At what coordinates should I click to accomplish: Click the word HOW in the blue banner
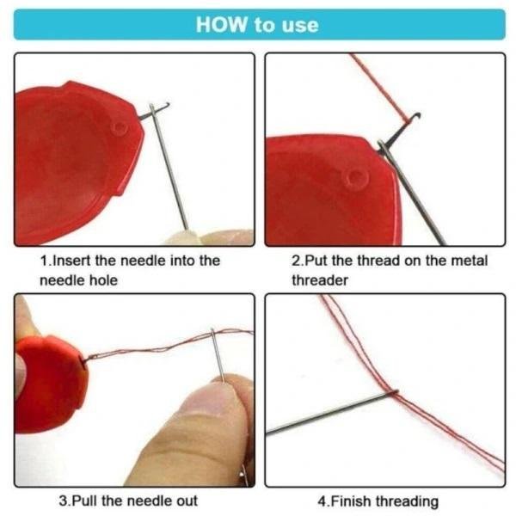tap(222, 25)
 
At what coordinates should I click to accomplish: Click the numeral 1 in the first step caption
tap(45, 261)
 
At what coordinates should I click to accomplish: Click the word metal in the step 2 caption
tap(470, 261)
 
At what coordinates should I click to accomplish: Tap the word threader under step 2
tap(320, 280)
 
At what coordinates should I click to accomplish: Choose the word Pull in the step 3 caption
tap(84, 501)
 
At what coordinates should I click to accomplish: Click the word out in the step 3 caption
tap(187, 501)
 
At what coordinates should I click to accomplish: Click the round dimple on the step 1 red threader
tap(120, 128)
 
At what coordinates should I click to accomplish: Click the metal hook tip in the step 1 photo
tap(166, 105)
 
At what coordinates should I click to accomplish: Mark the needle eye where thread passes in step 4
tap(393, 392)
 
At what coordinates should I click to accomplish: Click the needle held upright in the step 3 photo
tap(218, 354)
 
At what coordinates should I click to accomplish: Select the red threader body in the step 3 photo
tap(49, 384)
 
